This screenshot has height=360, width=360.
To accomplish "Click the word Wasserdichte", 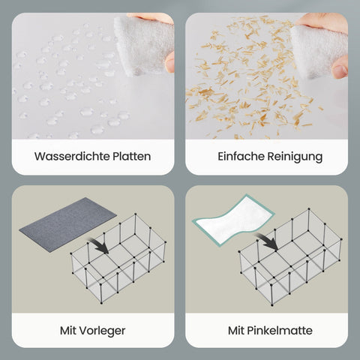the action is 72,157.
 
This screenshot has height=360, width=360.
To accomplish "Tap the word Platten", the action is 132,157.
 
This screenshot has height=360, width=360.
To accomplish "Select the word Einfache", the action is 241,157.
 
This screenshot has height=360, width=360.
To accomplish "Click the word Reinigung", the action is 295,157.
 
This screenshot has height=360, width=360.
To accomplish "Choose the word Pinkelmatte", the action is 280,331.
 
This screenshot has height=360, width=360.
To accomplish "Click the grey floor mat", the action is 67,224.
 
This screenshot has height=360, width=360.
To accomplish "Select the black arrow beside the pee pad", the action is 266,241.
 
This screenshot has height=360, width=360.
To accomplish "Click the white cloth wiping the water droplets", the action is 144,46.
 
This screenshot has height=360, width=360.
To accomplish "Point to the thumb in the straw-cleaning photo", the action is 340,67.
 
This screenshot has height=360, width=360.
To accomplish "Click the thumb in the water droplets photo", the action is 170,62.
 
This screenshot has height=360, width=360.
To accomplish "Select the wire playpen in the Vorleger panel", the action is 118,259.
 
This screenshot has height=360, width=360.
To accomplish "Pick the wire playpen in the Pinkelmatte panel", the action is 290,257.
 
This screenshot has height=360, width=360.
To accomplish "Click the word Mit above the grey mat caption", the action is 68,331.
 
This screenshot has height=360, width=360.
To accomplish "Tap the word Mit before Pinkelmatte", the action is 236,331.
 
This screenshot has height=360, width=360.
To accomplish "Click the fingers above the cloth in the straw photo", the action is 322,22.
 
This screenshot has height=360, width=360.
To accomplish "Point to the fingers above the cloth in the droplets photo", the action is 151,18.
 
